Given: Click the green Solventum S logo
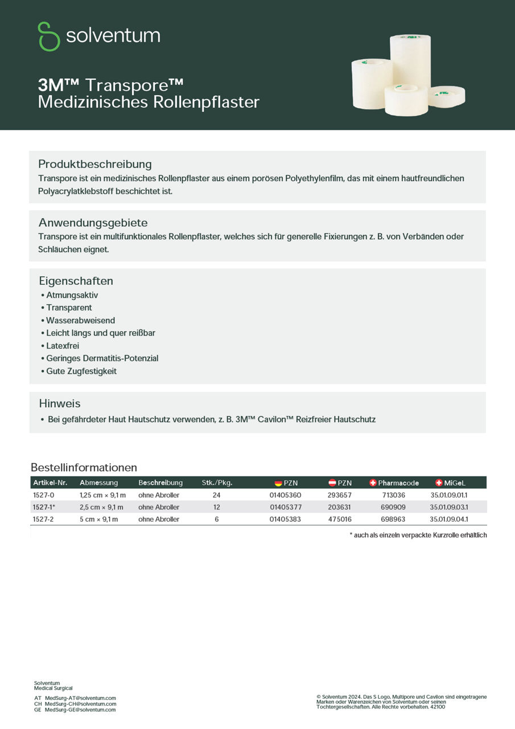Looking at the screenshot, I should (49, 36).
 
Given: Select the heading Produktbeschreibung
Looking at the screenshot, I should (95, 164).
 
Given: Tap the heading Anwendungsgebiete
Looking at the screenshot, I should (93, 222).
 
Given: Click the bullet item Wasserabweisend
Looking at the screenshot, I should (80, 321).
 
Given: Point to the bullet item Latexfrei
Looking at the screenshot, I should (63, 346).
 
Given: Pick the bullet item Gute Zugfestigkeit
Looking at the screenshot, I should (81, 371).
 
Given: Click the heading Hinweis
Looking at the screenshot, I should (60, 403).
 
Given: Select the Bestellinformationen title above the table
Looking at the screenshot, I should (84, 468).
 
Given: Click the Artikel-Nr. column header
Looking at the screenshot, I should (50, 483).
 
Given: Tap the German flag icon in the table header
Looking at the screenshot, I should (278, 483).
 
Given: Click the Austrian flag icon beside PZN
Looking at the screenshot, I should (332, 483).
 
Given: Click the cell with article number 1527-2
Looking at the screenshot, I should (43, 519).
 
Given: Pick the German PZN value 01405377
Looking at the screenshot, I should (286, 507).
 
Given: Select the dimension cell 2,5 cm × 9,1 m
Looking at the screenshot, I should (101, 507).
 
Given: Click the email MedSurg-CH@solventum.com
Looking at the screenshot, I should (80, 704).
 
